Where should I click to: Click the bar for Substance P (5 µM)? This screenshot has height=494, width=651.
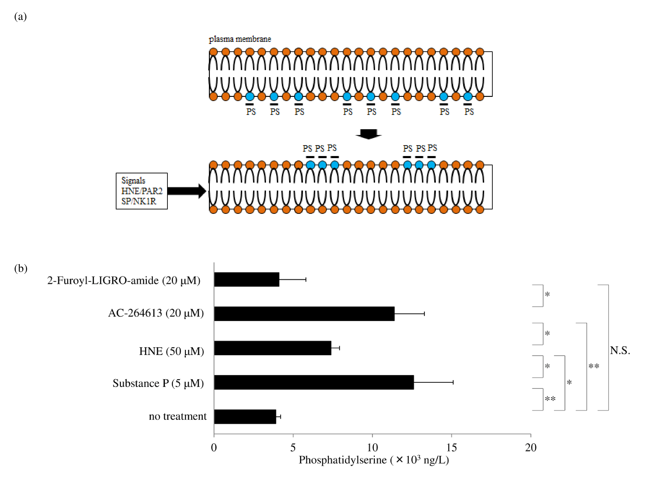pos(314,382)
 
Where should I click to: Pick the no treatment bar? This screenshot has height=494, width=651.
pos(245,416)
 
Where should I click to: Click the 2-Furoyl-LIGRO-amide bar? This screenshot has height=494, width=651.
pos(247,279)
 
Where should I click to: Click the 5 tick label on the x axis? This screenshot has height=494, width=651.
pos(293,448)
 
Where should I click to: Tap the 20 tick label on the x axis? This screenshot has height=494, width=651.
pos(531,448)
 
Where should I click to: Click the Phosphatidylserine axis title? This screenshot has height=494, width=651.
pos(374,460)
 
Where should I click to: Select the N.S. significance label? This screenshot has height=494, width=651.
pos(620,350)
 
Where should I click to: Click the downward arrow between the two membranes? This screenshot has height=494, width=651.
pos(368,134)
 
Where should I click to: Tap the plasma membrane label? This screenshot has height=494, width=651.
pos(240,39)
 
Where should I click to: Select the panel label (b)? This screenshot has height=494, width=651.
pos(21,268)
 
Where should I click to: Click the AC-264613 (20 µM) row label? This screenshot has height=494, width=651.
pos(156,313)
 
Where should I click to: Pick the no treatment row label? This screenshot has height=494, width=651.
pos(177,416)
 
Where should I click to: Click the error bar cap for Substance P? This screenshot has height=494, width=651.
pos(453,382)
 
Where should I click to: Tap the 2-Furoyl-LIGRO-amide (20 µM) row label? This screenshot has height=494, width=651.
pos(124,280)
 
